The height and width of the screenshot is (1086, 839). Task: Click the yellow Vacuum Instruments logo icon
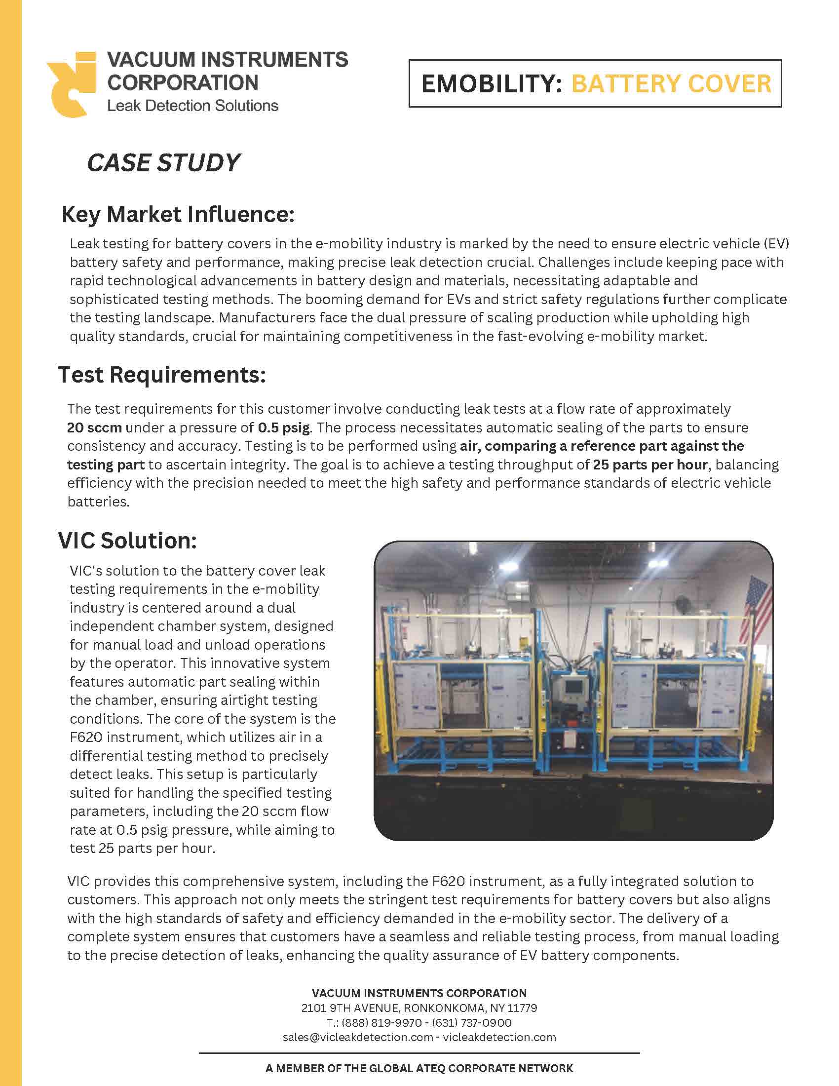point(72,84)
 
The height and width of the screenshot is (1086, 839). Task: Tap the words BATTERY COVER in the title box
point(671,83)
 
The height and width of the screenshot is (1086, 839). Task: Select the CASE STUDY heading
point(163,163)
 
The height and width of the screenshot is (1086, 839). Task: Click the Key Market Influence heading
point(178,214)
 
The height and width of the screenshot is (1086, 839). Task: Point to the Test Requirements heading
point(162,375)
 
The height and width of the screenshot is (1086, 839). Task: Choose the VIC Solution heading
point(128,541)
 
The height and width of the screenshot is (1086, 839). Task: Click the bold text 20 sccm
point(94,427)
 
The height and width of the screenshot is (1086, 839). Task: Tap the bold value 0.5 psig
point(283,427)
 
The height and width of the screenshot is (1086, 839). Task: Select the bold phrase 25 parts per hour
point(650,465)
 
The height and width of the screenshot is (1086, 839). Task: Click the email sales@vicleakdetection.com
point(358,1037)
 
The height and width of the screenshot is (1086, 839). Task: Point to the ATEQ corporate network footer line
point(419,1068)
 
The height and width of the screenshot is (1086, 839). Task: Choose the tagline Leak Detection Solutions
point(193,106)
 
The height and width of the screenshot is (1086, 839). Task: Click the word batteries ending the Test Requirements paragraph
point(98,502)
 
